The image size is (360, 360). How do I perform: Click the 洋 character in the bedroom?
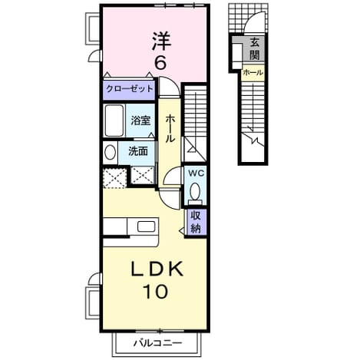click(x=161, y=41)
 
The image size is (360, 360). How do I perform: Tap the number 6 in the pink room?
click(x=161, y=62)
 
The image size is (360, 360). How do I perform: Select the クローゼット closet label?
click(x=129, y=89)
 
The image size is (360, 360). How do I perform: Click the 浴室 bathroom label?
click(x=140, y=121)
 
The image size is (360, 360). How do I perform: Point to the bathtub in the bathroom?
click(x=114, y=121)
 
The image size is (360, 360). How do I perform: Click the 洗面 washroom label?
click(x=138, y=151)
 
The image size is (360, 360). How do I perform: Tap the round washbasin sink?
click(x=111, y=152)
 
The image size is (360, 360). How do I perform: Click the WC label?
click(x=197, y=173)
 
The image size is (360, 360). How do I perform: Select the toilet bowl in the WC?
click(x=196, y=191)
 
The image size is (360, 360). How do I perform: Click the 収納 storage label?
click(x=196, y=222)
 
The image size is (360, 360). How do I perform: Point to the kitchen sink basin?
click(x=147, y=226)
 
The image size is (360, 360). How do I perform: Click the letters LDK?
click(x=157, y=269)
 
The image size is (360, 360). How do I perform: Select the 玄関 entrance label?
click(x=254, y=49)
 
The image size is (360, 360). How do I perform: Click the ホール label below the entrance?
click(x=253, y=73)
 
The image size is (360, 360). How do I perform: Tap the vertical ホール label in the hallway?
click(x=170, y=129)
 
